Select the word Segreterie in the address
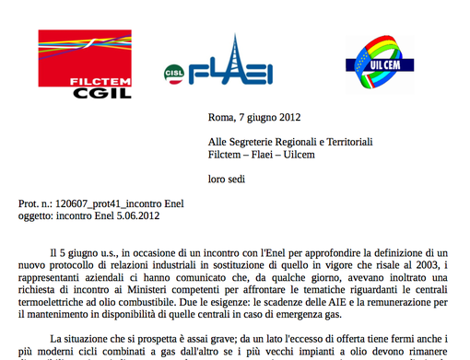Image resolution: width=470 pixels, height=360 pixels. tap(261, 142)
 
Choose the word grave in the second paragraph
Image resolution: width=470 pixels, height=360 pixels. tap(205, 339)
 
